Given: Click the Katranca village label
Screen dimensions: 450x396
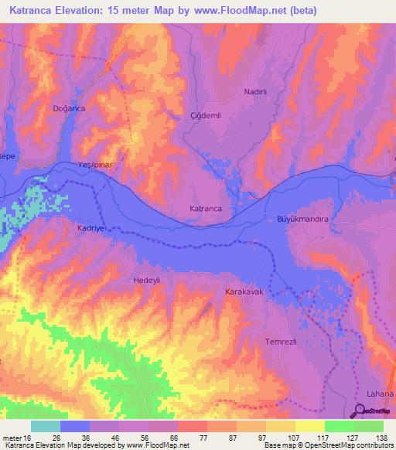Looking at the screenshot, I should click(x=207, y=209).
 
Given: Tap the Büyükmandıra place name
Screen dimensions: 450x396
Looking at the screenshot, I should click(x=303, y=220).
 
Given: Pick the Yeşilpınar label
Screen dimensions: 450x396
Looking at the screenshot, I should click(x=97, y=165).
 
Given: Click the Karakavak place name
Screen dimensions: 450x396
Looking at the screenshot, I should click(x=245, y=293).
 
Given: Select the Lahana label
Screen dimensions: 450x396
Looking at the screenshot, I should click(x=380, y=394).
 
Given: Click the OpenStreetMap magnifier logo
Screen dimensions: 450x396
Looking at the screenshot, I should click(x=361, y=411).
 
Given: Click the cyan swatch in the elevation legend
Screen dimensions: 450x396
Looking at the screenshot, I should click(x=46, y=426).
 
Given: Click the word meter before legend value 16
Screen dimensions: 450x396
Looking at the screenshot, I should click(x=13, y=437).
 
